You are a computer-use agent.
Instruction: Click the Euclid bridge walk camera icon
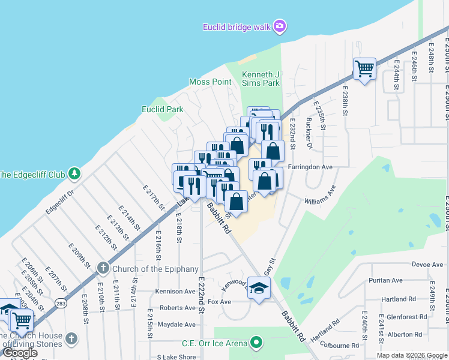[279, 26]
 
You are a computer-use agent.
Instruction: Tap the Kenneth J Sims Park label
[261, 79]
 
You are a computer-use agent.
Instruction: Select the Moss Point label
[210, 82]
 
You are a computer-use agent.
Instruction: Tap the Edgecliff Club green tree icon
[74, 174]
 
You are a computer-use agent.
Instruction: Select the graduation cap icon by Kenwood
[259, 289]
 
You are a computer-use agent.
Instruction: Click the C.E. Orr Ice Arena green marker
[257, 343]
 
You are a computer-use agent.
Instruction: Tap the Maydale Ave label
[177, 325]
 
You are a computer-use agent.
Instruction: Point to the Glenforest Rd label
[407, 317]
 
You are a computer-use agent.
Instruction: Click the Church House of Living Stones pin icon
[72, 338]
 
